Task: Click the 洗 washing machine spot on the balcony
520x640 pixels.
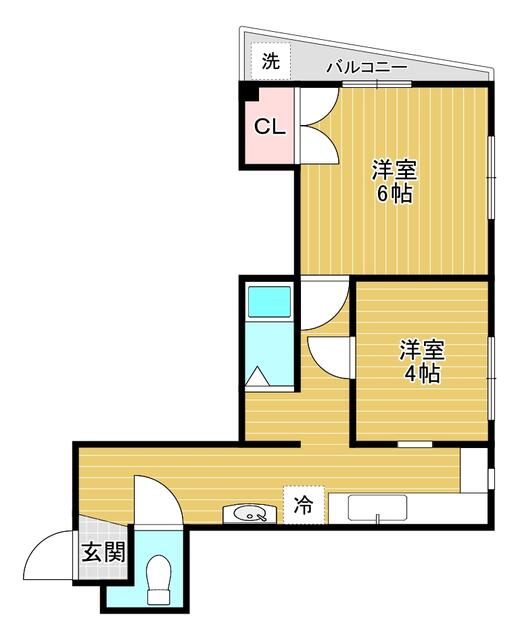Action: [x=270, y=61]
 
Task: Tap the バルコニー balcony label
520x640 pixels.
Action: [x=367, y=67]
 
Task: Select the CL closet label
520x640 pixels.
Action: [x=269, y=127]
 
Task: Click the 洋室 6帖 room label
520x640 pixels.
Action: [x=394, y=182]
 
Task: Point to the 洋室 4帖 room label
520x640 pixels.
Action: [x=422, y=361]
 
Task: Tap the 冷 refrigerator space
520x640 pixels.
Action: [x=304, y=505]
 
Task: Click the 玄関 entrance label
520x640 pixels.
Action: [x=103, y=553]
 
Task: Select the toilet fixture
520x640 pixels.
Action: [x=158, y=579]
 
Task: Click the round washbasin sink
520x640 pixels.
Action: [x=249, y=514]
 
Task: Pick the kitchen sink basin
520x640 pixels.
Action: [x=377, y=508]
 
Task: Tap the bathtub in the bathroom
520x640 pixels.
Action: [x=269, y=302]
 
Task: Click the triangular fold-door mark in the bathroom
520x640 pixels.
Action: [x=258, y=376]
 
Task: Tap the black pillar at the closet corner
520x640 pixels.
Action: [x=249, y=92]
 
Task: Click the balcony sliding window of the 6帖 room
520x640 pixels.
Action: [x=377, y=84]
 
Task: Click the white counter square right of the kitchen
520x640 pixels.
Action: [x=473, y=471]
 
